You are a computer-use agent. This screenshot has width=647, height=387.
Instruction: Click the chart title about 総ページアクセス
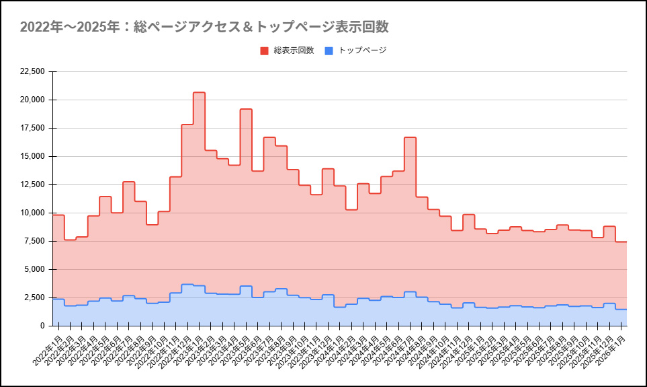click(x=204, y=27)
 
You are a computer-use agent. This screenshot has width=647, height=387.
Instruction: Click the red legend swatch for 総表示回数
click(x=264, y=50)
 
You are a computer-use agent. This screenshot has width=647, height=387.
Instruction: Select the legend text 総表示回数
click(x=294, y=50)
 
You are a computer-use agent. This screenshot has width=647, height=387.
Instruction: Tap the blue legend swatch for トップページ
click(x=329, y=50)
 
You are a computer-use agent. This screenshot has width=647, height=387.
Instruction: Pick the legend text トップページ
click(x=362, y=50)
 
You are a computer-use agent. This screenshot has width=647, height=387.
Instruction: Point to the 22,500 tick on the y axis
click(x=33, y=71)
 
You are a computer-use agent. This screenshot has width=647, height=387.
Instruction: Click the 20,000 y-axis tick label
click(x=33, y=100)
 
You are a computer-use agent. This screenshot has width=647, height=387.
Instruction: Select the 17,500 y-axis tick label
click(x=33, y=128)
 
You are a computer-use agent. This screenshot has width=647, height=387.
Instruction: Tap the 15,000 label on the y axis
click(x=33, y=156)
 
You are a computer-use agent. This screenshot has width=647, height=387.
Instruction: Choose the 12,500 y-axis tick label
click(x=33, y=184)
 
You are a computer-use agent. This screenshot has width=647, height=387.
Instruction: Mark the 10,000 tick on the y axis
click(x=33, y=213)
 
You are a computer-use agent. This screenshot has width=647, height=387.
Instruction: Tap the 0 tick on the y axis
click(x=42, y=326)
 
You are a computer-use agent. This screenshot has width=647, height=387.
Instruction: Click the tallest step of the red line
click(x=199, y=93)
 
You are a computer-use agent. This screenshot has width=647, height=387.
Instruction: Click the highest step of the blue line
click(x=187, y=285)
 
